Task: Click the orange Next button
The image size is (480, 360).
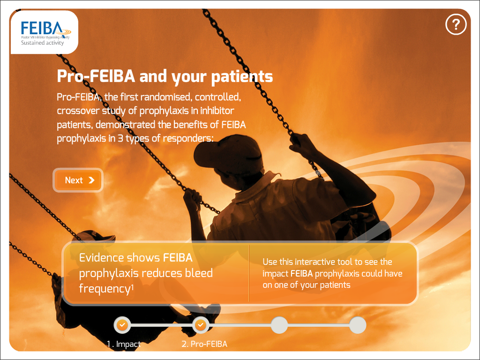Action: click(x=78, y=180)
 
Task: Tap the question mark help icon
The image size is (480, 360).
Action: click(x=456, y=24)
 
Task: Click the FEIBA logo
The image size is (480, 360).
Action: click(x=45, y=32)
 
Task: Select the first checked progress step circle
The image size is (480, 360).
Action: click(x=122, y=325)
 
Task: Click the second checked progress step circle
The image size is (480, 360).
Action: click(x=201, y=325)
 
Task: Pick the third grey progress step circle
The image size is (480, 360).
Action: click(x=279, y=325)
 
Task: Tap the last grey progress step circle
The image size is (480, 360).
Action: click(x=358, y=325)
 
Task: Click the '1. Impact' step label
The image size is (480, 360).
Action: click(x=124, y=345)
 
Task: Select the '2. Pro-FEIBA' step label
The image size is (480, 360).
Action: click(x=204, y=344)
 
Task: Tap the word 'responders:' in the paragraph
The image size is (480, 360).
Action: click(x=188, y=139)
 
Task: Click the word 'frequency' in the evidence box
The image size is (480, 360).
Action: click(x=105, y=289)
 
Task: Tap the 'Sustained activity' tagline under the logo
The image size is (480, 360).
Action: click(x=42, y=43)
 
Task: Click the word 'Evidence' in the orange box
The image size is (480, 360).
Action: click(x=119, y=258)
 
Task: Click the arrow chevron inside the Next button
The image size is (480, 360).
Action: click(x=91, y=180)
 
